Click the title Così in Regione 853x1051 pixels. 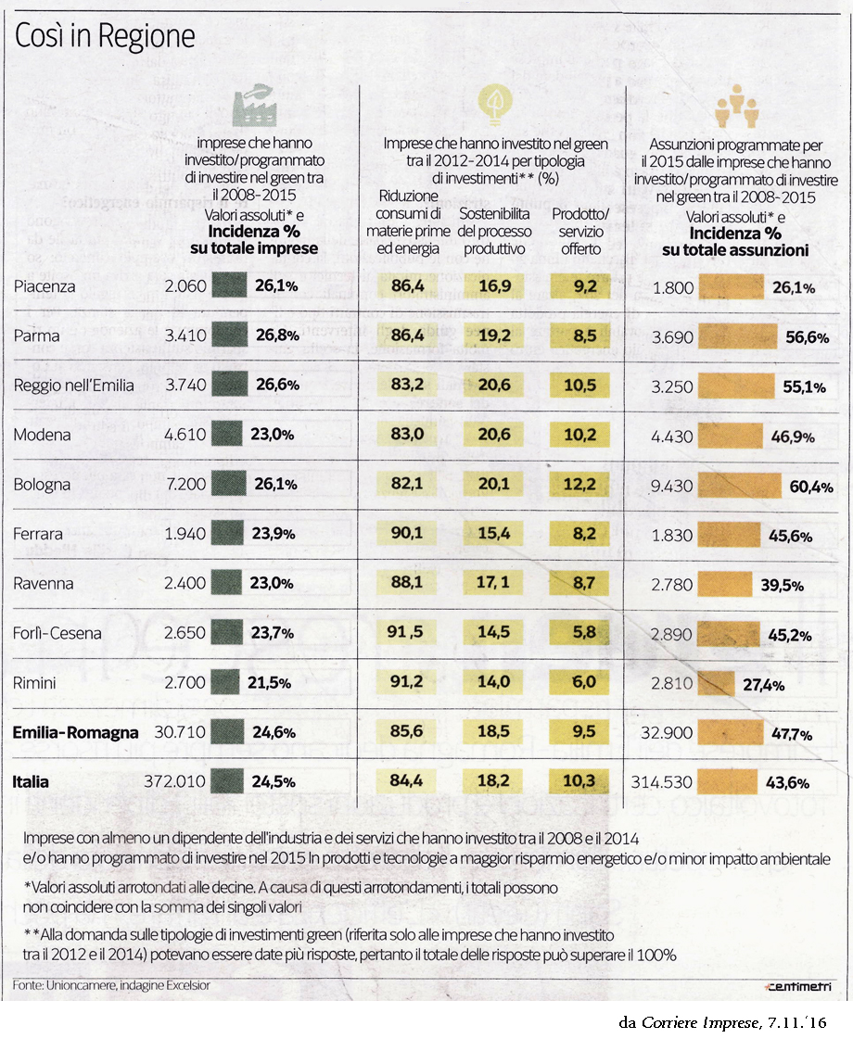pos(105,36)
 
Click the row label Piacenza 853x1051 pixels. pos(45,286)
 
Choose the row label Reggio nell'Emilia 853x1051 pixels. pos(74,386)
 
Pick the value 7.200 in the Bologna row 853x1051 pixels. pos(184,485)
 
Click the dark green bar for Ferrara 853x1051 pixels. pos(230,534)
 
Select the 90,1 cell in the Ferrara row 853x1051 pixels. pos(407,534)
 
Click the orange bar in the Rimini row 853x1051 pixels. pos(717,683)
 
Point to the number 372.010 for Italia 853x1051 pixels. pos(173,782)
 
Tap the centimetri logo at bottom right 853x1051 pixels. pos(797,985)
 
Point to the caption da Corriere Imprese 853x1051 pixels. pos(722,1022)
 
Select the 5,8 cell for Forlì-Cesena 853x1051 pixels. pos(585,633)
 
